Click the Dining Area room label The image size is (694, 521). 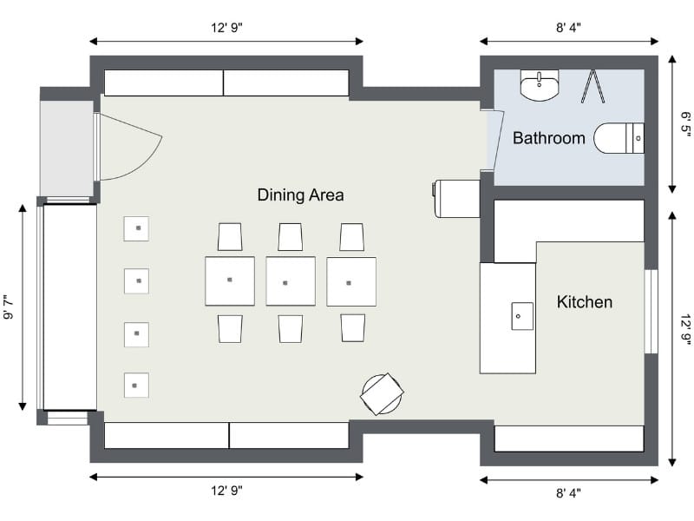point(300,195)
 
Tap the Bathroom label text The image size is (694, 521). point(549,138)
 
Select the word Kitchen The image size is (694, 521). point(584,301)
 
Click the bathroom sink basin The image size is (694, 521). point(540,85)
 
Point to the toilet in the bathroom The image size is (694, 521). point(619,138)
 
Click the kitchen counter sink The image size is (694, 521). point(522,316)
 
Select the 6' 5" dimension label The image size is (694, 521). point(684,124)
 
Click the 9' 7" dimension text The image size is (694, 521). point(9,307)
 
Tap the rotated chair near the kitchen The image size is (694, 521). point(382,394)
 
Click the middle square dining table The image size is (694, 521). point(291,281)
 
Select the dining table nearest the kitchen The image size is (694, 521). point(351,281)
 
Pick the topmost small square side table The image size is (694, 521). point(136,228)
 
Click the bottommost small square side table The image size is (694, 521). point(136,386)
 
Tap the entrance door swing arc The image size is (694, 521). point(147,163)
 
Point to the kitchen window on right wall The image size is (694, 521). point(651,312)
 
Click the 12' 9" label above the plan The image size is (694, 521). point(226,28)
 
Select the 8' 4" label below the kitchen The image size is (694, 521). point(568,492)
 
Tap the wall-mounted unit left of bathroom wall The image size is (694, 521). point(456,199)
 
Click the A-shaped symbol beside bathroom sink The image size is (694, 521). point(593,86)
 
